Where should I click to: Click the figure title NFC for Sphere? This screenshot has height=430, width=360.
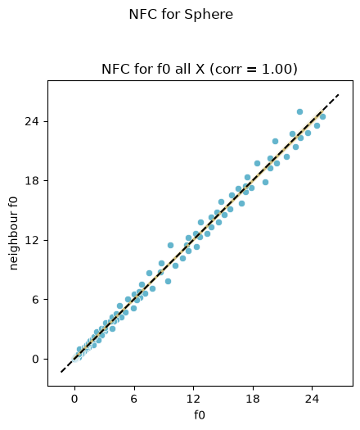click(x=181, y=15)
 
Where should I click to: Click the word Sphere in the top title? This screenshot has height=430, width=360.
click(x=209, y=15)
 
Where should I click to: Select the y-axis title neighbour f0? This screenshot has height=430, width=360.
click(x=13, y=233)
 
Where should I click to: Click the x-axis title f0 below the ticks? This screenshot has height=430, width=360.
click(x=200, y=414)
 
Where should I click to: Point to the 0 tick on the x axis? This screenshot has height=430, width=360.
click(x=74, y=399)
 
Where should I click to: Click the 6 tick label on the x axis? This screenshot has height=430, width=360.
click(x=133, y=399)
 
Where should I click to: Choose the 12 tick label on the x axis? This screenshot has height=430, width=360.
click(x=193, y=399)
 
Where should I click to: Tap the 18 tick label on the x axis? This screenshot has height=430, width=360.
click(x=252, y=399)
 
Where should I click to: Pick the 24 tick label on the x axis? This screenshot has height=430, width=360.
click(x=312, y=399)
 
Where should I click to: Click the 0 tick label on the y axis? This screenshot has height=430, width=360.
click(x=36, y=359)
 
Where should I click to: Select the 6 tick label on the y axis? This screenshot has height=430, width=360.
click(x=36, y=300)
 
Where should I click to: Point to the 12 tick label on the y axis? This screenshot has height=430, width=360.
click(x=32, y=240)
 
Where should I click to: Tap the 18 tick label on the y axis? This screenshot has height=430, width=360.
click(x=32, y=181)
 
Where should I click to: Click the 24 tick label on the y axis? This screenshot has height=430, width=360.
click(x=32, y=121)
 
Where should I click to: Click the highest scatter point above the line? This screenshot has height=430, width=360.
click(x=299, y=111)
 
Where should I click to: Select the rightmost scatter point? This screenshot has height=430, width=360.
click(x=322, y=116)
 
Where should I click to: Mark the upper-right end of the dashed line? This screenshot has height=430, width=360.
click(x=339, y=94)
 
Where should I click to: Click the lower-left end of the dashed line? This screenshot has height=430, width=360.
click(x=61, y=372)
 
